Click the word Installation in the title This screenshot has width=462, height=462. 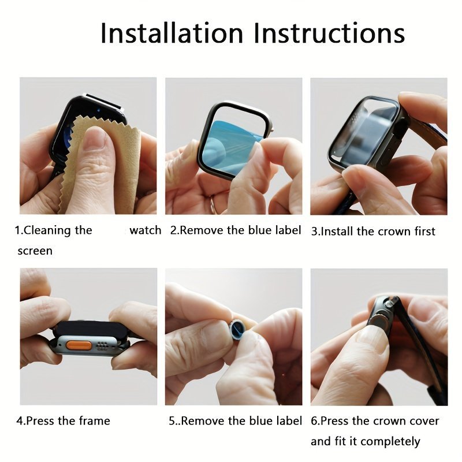(x=172, y=33)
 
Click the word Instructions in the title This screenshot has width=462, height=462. (x=329, y=33)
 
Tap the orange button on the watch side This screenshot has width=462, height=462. (x=78, y=345)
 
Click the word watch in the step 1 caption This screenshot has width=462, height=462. (x=146, y=230)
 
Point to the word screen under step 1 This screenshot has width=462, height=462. (x=35, y=251)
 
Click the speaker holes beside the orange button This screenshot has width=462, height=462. (x=102, y=346)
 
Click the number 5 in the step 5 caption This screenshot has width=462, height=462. (x=172, y=421)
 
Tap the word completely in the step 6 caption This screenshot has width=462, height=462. (x=390, y=441)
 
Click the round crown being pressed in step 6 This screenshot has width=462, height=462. (x=377, y=319)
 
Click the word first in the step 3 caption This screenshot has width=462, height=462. (x=424, y=232)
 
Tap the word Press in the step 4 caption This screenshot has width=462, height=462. (x=40, y=421)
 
